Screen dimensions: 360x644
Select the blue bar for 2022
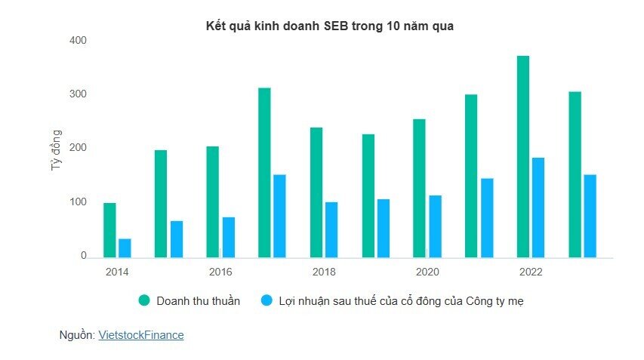[x=538, y=208]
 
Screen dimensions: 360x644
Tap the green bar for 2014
[x=109, y=230]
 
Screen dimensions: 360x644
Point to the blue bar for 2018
[x=331, y=229]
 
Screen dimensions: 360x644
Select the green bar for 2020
[x=419, y=188]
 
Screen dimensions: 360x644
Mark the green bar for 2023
[x=575, y=174]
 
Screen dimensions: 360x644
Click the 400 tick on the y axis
[x=79, y=40]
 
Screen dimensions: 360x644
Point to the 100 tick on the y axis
[x=79, y=202]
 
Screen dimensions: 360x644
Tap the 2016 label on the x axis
[x=220, y=272]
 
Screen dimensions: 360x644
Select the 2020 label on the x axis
[x=427, y=272]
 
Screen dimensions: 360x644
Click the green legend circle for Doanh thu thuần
[x=144, y=301]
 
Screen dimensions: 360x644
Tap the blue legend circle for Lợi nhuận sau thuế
[x=267, y=301]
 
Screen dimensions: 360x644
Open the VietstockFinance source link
[x=140, y=335]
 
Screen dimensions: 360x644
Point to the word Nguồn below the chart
[x=76, y=335]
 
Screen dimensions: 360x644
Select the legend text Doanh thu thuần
[x=198, y=301]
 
